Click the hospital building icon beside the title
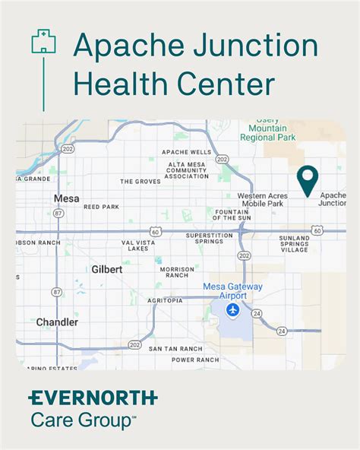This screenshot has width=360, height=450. [x=43, y=41]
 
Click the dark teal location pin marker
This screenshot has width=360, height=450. [x=307, y=181]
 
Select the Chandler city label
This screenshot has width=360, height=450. [x=57, y=322]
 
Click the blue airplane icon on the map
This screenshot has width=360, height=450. [x=233, y=310]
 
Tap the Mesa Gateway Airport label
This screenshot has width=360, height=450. [x=232, y=291]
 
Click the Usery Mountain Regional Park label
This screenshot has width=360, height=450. [x=268, y=129]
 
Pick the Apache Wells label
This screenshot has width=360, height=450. [x=187, y=152]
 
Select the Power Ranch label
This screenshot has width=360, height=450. [x=194, y=360]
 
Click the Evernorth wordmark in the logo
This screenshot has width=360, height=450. [x=93, y=398]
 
